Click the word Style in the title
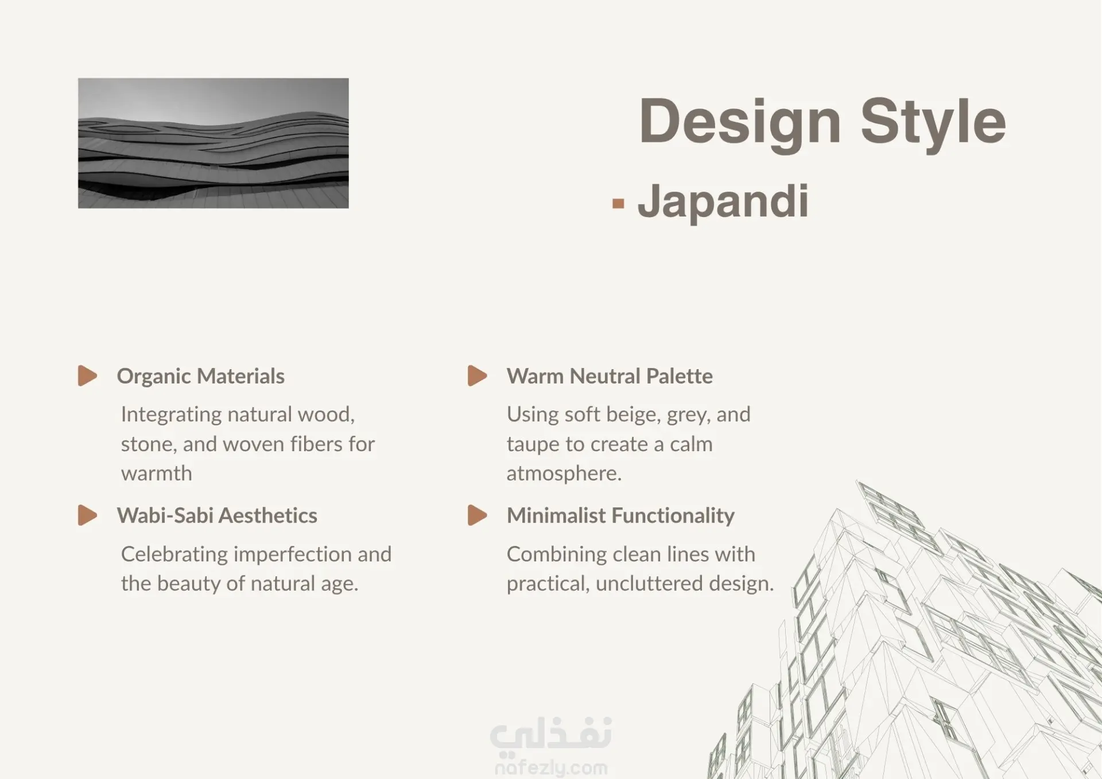point(933,122)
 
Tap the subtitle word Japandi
point(723,203)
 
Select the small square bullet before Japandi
point(618,203)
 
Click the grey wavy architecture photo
point(214,143)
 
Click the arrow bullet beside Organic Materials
point(87,376)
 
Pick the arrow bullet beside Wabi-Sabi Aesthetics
point(87,516)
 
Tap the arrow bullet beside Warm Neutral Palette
point(478,376)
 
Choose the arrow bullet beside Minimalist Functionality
point(478,516)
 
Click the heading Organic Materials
point(201,377)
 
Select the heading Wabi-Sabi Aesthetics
point(217,516)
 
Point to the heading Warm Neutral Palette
point(610,377)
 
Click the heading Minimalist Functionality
point(620,516)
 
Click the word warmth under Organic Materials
point(157,474)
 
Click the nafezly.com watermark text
point(551,768)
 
